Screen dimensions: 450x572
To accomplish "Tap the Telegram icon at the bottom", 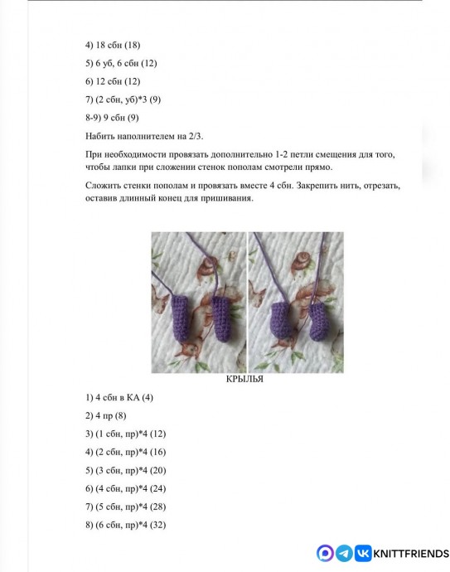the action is pyautogui.click(x=344, y=554).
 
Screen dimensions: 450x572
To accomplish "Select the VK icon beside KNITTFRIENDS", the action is pyautogui.click(x=363, y=554).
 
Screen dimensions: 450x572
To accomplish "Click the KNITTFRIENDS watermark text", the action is pyautogui.click(x=411, y=554).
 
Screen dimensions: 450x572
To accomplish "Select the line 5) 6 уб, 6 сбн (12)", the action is pyautogui.click(x=121, y=63).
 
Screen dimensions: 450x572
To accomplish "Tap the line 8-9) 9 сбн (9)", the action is pyautogui.click(x=112, y=118).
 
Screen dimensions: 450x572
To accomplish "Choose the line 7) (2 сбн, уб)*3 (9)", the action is pyautogui.click(x=123, y=99).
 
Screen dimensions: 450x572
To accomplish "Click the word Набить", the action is pyautogui.click(x=101, y=136).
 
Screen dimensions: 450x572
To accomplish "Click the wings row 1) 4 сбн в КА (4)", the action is pyautogui.click(x=119, y=397).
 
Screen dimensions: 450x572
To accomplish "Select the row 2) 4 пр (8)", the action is pyautogui.click(x=105, y=415).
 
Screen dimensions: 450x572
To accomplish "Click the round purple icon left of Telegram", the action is pyautogui.click(x=325, y=554).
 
